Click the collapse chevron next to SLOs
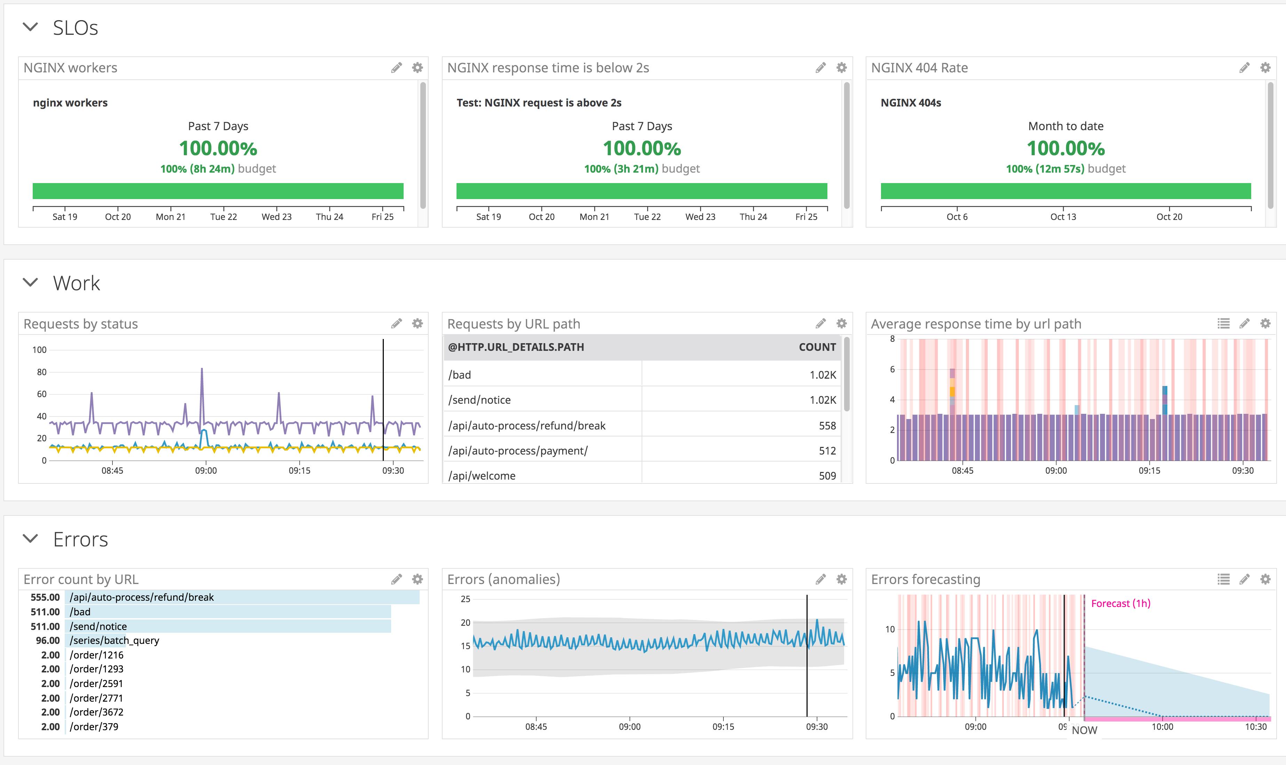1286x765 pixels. point(30,27)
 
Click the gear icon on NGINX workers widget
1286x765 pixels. point(417,68)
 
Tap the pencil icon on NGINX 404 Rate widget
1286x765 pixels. point(1244,68)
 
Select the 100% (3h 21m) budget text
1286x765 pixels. point(642,168)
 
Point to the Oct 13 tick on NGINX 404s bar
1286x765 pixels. point(1063,216)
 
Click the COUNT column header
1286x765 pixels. point(817,347)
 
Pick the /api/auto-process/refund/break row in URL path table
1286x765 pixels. point(526,426)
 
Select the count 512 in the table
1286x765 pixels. point(827,451)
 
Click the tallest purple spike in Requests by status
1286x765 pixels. point(201,369)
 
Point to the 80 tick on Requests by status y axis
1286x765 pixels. point(41,372)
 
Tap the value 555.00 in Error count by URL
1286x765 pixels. point(45,597)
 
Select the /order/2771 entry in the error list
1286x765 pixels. point(96,698)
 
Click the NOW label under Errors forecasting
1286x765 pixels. point(1084,730)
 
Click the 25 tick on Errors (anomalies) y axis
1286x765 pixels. point(465,599)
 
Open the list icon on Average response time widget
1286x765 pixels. point(1223,323)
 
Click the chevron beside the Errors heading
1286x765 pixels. point(30,539)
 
